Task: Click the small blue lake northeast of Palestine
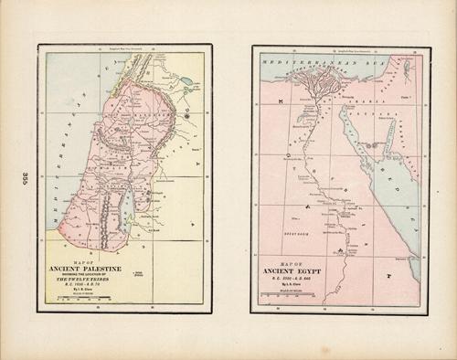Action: click(x=187, y=80)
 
